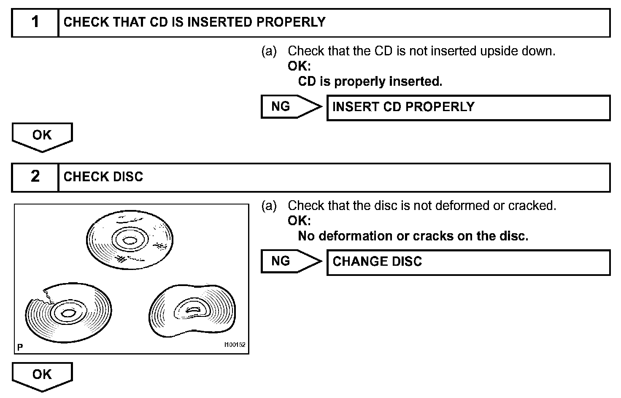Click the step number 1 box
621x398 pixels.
click(35, 22)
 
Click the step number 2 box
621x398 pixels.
click(35, 177)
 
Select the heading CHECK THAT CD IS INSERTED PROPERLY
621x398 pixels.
click(194, 22)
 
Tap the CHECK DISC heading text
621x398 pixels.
click(103, 177)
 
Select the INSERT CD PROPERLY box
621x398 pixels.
click(468, 107)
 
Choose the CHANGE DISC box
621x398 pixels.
click(468, 262)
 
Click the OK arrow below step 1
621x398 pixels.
click(42, 136)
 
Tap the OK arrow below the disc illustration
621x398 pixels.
click(42, 376)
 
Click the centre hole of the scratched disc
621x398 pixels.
click(130, 241)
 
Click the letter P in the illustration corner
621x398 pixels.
click(20, 347)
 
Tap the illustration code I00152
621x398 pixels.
click(235, 345)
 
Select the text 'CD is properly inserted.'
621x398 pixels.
click(370, 81)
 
